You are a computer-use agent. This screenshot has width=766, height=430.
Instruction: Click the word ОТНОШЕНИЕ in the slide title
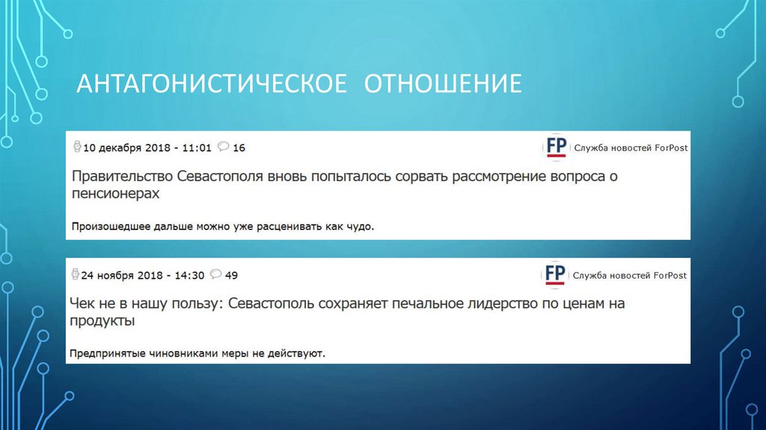coord(443,83)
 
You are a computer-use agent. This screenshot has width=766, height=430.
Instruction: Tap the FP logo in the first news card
coord(555,147)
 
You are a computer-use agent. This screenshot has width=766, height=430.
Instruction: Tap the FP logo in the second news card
coord(555,274)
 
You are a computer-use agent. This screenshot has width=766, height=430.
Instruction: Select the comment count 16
coord(239,148)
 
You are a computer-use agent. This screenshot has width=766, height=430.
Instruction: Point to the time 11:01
coord(197,148)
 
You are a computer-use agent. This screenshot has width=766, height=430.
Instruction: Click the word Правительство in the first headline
coord(123,178)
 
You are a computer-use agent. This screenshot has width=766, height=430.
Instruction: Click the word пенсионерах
coord(116,193)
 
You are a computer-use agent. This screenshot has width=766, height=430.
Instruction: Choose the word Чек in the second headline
coord(82,304)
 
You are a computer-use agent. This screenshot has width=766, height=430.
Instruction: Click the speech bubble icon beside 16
coord(223,147)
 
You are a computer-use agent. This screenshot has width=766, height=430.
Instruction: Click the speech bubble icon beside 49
coord(215,274)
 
